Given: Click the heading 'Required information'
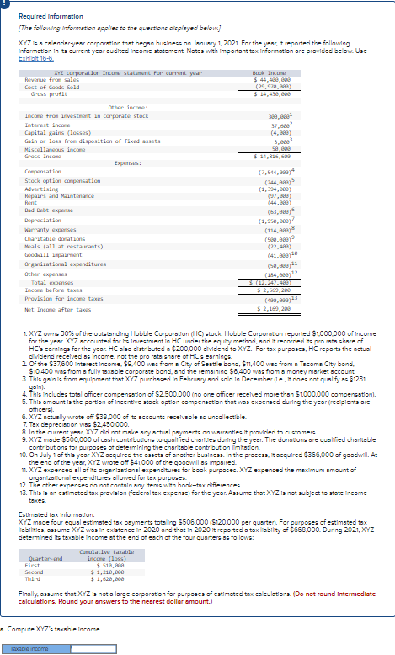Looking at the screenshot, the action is (x=45, y=16).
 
